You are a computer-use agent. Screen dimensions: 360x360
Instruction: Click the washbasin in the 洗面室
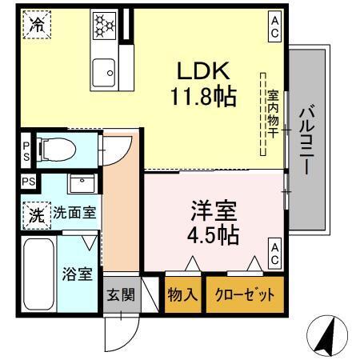(80, 184)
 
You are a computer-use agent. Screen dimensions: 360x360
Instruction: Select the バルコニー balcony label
(306, 142)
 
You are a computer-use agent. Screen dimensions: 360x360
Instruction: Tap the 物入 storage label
(182, 295)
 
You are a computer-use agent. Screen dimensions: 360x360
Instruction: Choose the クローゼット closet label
(243, 295)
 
